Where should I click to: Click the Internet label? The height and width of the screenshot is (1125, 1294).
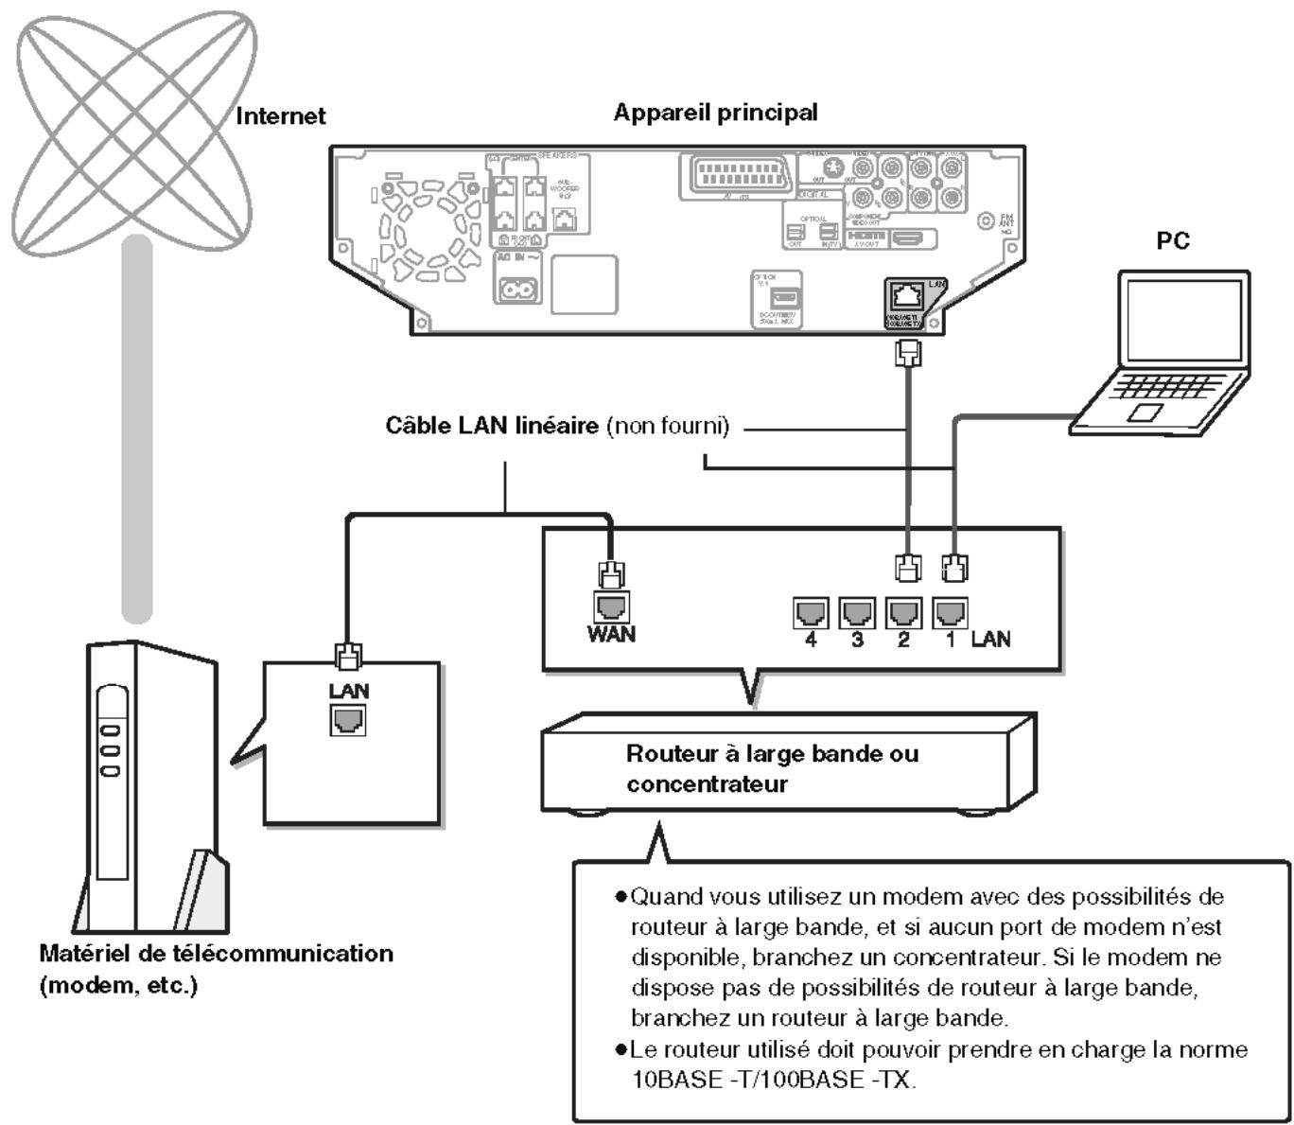pos(280,116)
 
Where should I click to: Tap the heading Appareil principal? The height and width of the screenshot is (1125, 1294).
pos(715,113)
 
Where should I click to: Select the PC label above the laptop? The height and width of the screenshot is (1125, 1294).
pos(1173,240)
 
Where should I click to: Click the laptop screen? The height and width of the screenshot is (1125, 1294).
pos(1183,320)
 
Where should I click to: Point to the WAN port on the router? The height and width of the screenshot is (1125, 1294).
pos(611,606)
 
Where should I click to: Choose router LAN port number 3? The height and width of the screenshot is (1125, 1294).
pos(857,612)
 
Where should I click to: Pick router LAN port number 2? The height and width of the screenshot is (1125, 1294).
pos(903,612)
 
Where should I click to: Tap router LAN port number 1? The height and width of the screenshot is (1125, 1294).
pos(950,612)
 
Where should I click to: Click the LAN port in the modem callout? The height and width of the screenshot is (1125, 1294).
pos(348,721)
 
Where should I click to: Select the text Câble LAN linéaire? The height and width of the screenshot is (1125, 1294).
pos(491,426)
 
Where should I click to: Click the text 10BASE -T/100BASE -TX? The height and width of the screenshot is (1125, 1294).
pos(773,1080)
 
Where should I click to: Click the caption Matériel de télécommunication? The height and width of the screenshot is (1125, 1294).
pos(216,953)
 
